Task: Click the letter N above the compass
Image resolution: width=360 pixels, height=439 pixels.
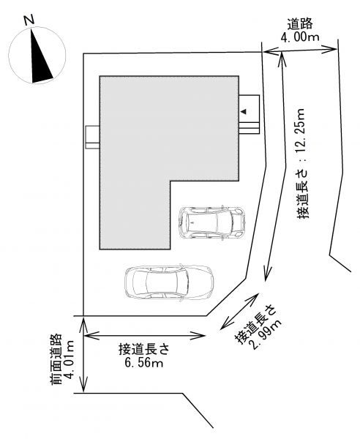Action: tap(30, 20)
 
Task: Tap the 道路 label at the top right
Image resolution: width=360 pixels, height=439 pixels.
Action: tap(300, 24)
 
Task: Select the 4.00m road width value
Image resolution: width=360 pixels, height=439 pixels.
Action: tap(300, 37)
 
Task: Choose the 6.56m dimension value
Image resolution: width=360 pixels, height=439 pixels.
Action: tap(144, 363)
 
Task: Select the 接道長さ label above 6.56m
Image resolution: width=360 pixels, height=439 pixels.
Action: tap(144, 350)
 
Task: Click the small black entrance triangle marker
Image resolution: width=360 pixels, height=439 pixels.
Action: tap(244, 111)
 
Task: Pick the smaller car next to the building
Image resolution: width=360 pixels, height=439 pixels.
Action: tap(212, 223)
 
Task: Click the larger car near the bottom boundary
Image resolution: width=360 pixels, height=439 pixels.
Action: tap(169, 282)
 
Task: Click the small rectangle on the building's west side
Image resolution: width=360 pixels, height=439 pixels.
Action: tap(93, 138)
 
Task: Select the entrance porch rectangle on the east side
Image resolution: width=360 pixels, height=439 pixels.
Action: tap(249, 115)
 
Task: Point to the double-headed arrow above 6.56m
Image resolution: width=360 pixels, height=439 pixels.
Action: tap(145, 335)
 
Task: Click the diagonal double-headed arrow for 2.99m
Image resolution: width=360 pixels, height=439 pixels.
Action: tap(239, 311)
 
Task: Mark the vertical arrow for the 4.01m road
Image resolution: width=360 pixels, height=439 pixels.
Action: tap(83, 354)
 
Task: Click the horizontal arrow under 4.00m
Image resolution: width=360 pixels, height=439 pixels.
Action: tap(300, 50)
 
